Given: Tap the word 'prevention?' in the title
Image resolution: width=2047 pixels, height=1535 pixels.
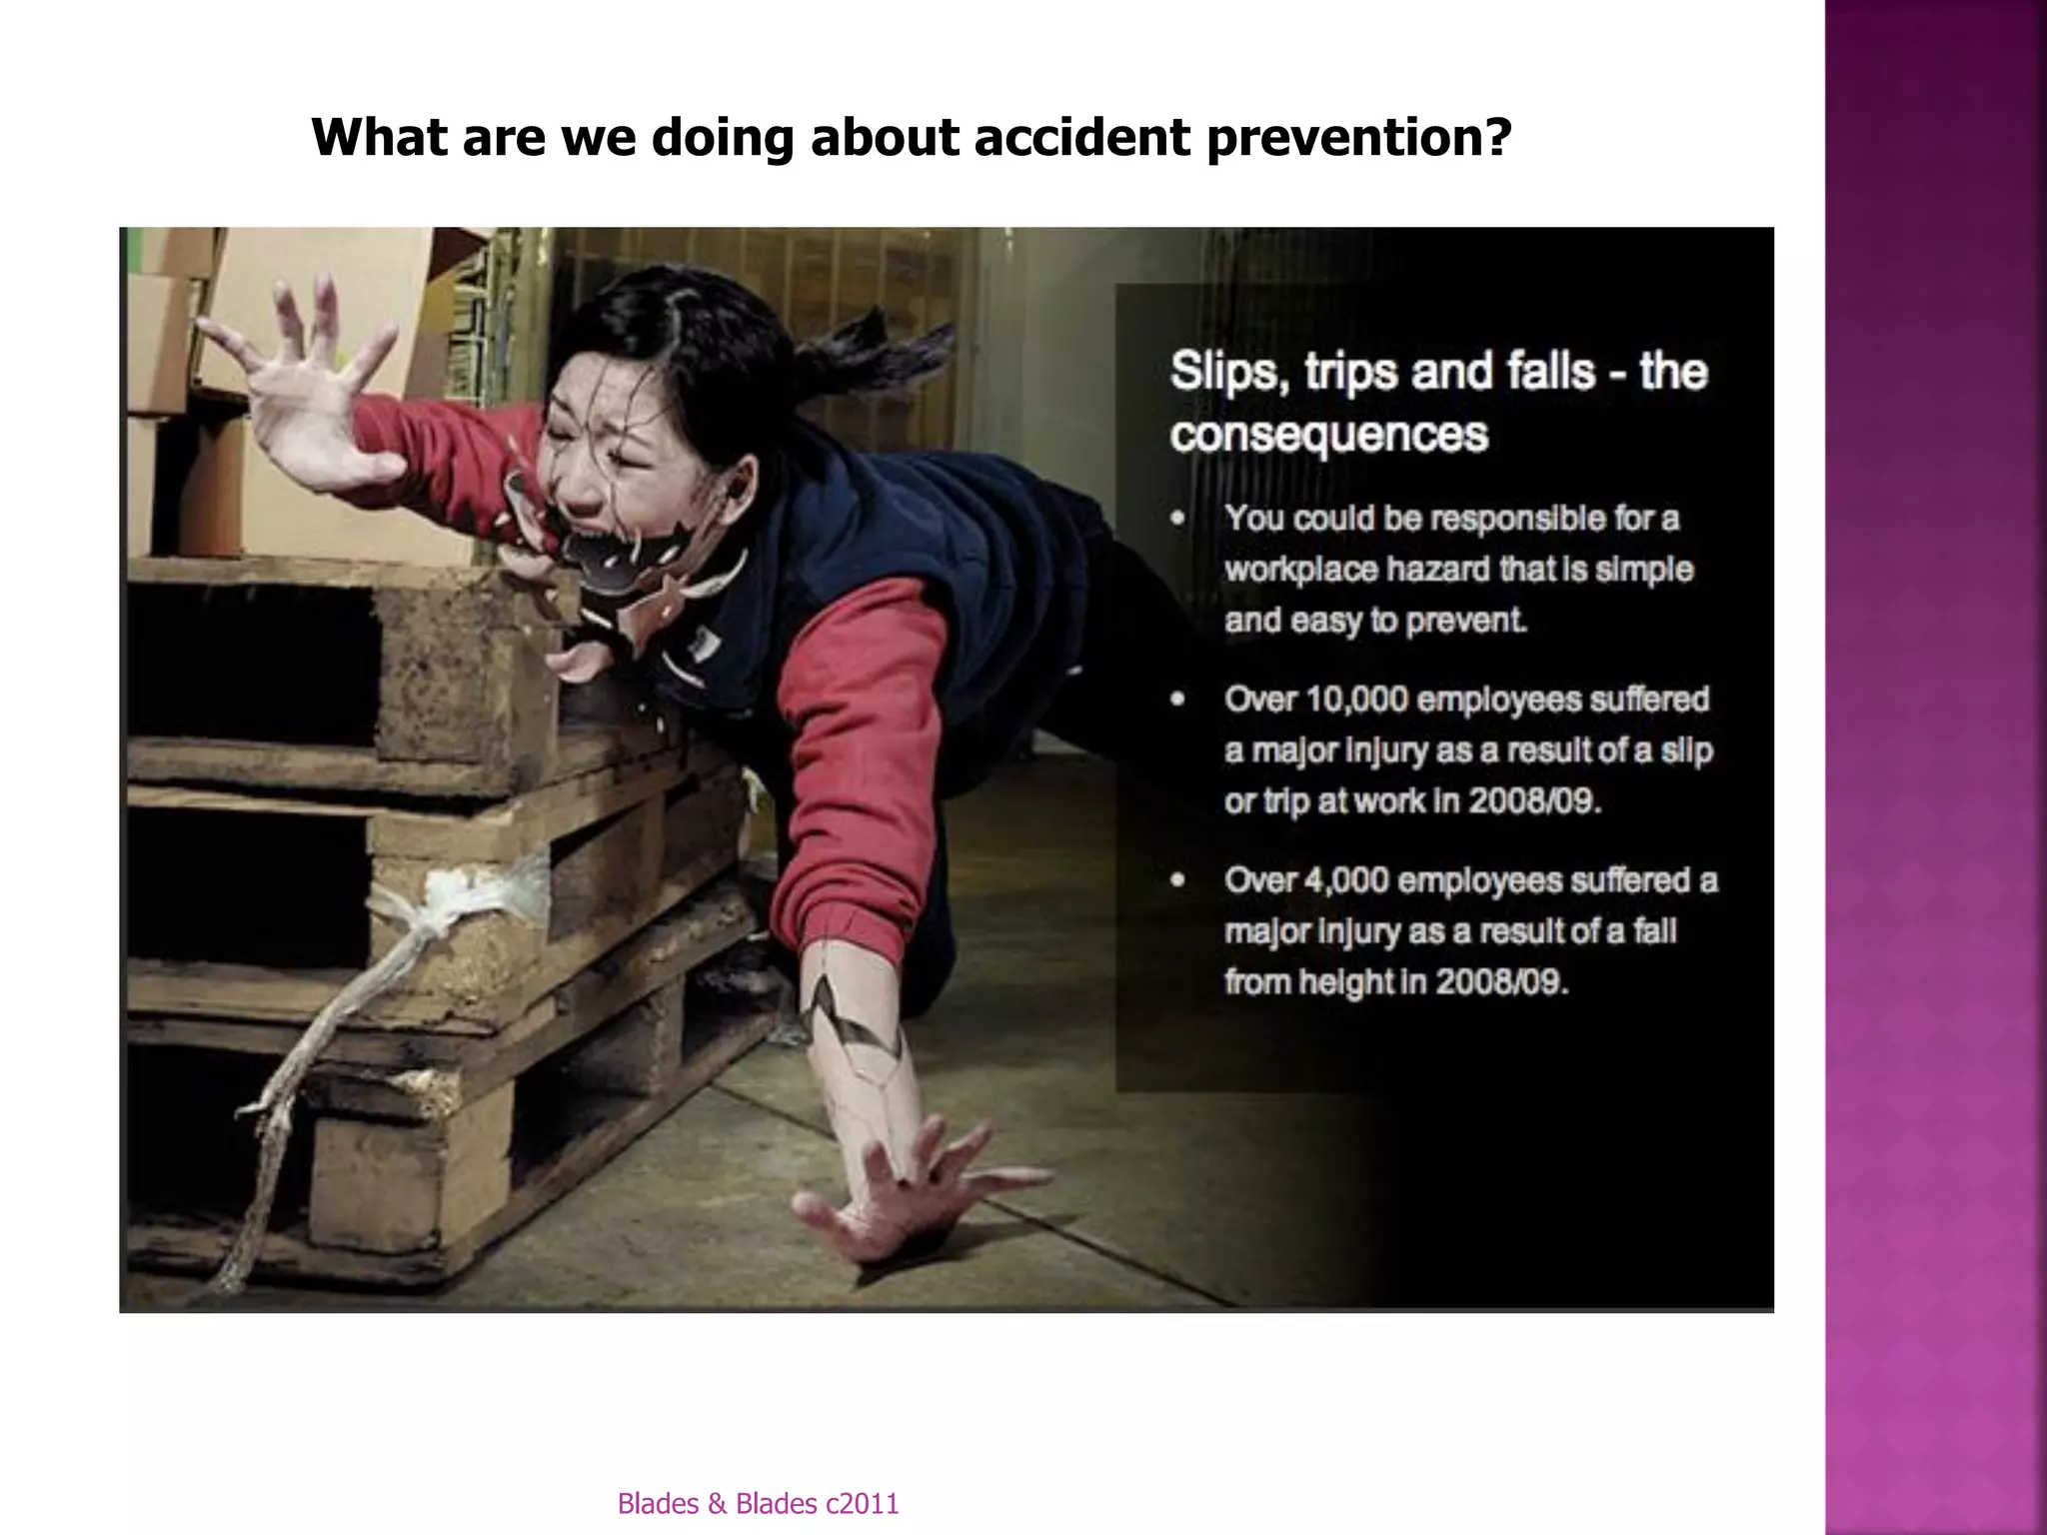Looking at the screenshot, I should pos(1358,139).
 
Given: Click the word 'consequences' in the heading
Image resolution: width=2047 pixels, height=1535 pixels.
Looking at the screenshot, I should pos(1329,435).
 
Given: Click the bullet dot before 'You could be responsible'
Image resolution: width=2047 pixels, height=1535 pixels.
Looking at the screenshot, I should pos(1178,519).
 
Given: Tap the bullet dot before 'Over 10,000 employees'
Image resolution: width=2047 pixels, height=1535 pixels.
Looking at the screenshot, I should pos(1178,700).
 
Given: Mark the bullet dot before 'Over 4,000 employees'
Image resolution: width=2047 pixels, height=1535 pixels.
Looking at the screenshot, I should pos(1178,880).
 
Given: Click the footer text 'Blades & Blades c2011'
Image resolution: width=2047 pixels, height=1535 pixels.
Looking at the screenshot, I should pos(758,1503).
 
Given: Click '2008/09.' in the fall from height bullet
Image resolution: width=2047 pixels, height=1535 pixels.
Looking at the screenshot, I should pos(1501,982).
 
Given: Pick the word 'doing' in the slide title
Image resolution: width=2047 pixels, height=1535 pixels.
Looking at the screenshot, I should pos(723,139).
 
